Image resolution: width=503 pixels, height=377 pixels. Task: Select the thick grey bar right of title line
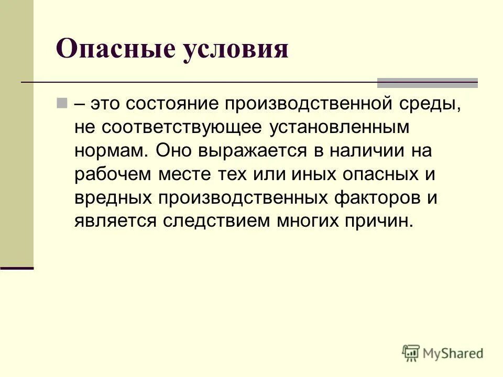(x=428, y=82)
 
